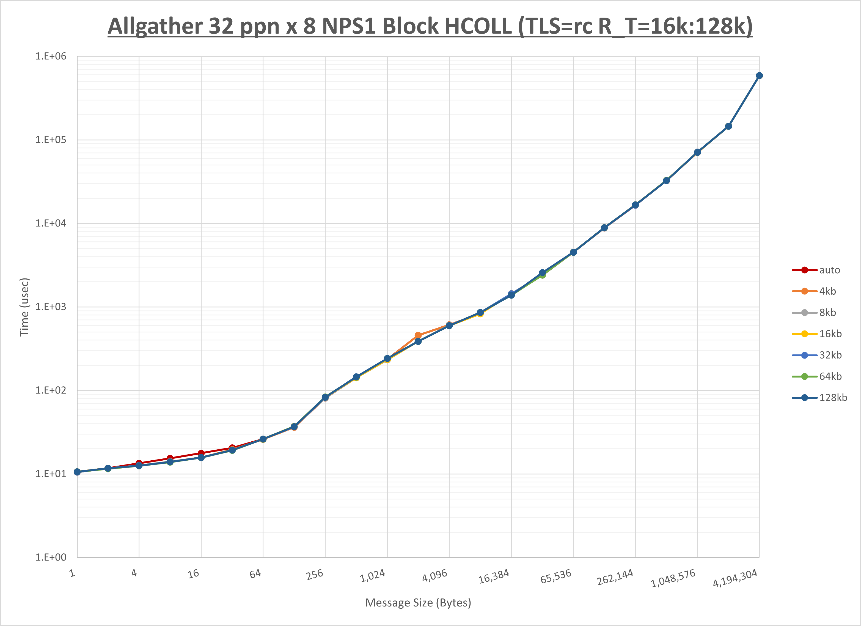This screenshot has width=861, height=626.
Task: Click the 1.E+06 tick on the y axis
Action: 51,56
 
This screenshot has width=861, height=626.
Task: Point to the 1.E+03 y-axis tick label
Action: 51,307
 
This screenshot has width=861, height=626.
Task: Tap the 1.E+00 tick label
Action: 51,557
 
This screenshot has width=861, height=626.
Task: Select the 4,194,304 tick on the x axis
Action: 735,578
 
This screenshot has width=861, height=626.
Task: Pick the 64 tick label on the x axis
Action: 255,573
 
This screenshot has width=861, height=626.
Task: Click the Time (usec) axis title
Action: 24,307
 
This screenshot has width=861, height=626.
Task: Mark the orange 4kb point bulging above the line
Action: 418,335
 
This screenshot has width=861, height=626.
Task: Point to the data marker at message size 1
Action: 77,472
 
